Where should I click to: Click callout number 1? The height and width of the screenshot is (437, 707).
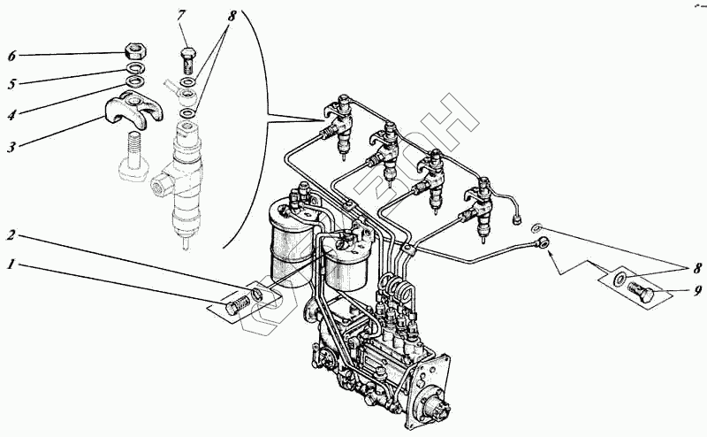tap(11, 264)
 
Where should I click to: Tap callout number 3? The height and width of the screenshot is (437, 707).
tap(11, 147)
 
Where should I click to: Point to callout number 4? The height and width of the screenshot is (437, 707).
tap(11, 113)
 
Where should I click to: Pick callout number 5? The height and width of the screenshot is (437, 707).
tap(11, 84)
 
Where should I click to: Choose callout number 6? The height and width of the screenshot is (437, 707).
tap(11, 56)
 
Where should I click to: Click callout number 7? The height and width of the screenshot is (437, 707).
tap(181, 15)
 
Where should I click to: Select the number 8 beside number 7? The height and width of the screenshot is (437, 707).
tap(232, 16)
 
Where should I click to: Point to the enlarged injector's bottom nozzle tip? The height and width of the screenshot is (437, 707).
tap(185, 240)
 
